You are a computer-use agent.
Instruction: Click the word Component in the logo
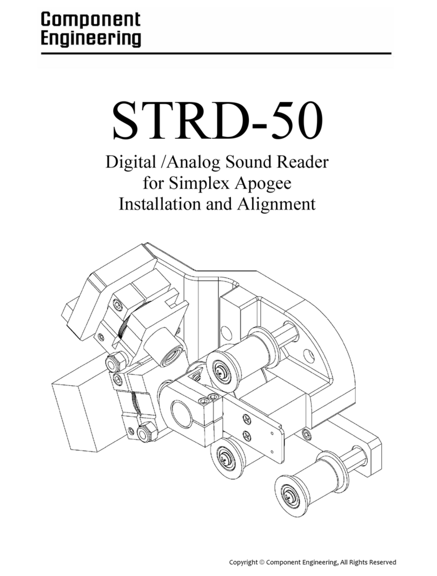(x=90, y=20)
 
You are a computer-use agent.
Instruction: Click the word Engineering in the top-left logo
(x=90, y=40)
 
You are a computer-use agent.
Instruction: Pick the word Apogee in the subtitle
(x=264, y=184)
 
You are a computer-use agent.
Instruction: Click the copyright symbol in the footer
(x=262, y=562)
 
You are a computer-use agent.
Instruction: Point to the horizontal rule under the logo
(x=216, y=53)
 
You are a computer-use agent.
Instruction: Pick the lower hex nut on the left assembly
(x=145, y=433)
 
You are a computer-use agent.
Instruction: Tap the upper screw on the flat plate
(x=247, y=418)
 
